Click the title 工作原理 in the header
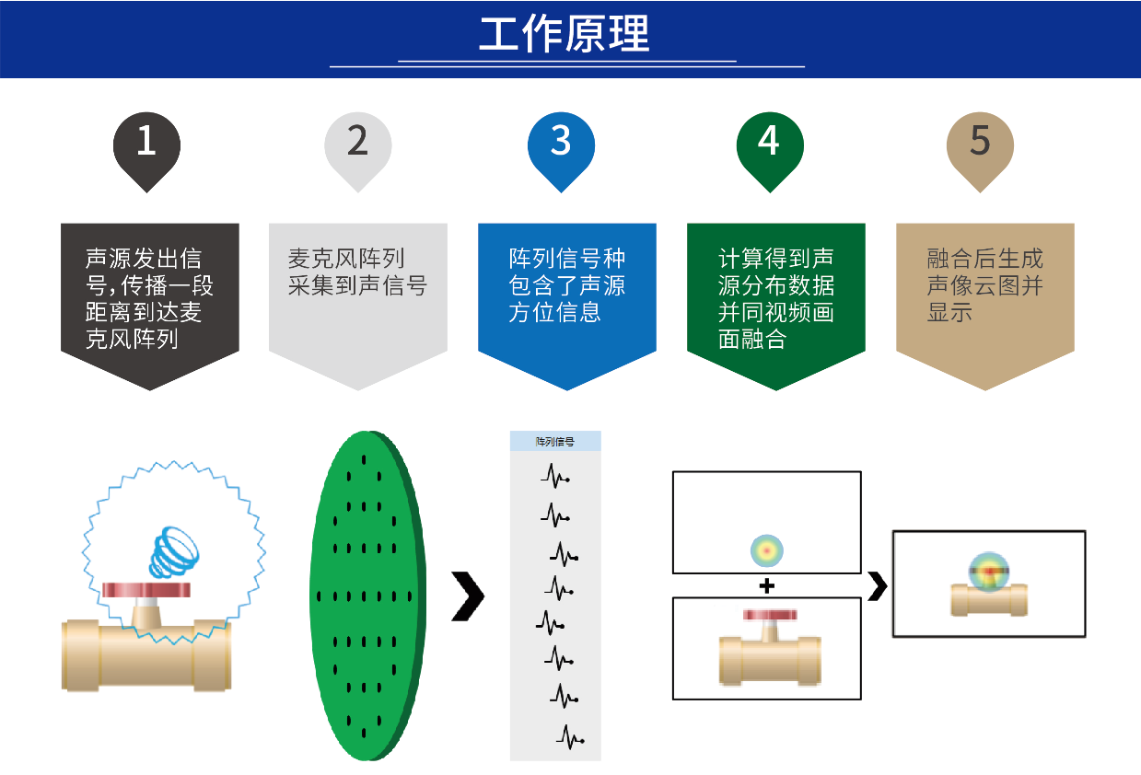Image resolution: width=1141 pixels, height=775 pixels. click(564, 34)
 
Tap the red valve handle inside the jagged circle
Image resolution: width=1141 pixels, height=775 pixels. click(146, 589)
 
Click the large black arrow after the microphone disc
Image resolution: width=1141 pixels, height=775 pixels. click(468, 596)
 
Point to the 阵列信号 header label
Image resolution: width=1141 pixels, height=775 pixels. click(555, 442)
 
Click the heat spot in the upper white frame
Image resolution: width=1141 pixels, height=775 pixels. click(766, 550)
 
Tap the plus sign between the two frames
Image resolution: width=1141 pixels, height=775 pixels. click(766, 585)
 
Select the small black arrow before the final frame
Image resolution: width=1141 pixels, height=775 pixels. click(878, 585)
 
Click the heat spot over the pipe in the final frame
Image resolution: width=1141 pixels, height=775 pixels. click(989, 571)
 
